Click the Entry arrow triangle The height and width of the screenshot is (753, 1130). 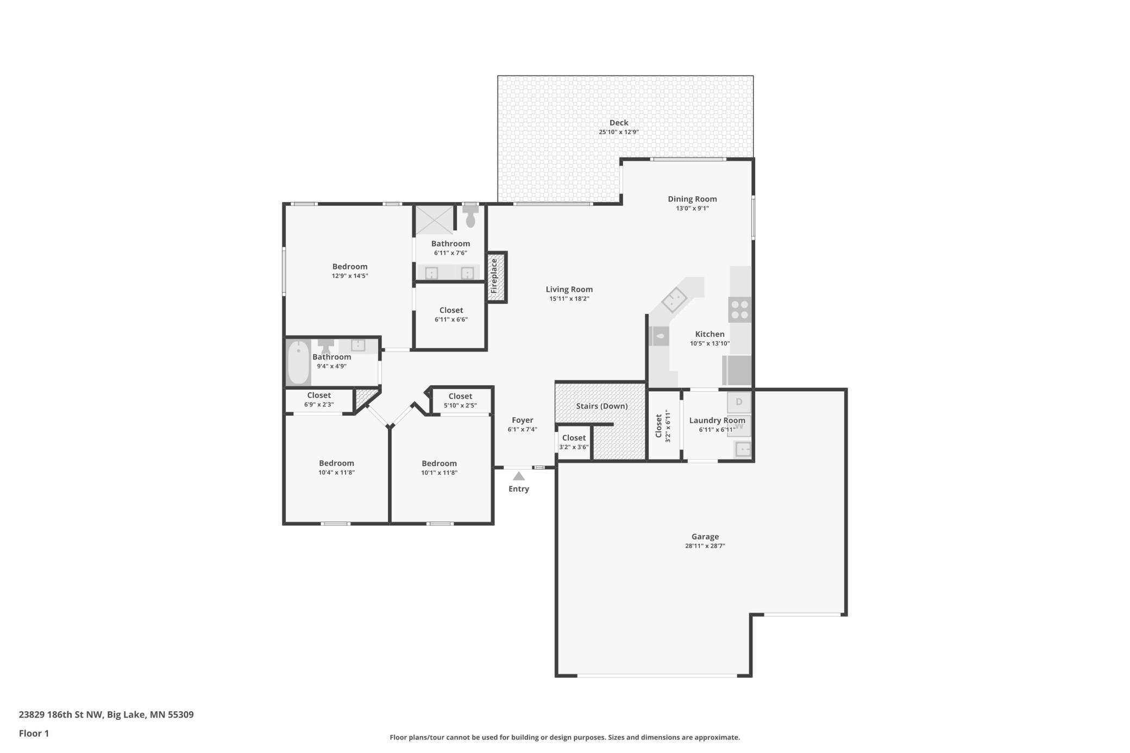point(519,476)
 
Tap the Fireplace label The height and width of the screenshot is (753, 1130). point(494,277)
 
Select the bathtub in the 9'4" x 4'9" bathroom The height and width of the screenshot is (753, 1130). point(298,362)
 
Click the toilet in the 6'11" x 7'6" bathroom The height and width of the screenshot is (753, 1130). point(470,216)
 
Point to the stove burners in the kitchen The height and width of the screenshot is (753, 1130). point(740,310)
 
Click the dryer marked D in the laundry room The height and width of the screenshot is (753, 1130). point(739,402)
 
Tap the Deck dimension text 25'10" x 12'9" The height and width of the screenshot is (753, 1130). point(619,132)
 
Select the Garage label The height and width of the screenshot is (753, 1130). point(705,537)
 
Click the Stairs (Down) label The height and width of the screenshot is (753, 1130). point(602,406)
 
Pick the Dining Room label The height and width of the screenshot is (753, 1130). point(692,199)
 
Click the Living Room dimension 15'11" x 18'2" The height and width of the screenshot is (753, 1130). point(569,299)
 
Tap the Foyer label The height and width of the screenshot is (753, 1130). point(523,420)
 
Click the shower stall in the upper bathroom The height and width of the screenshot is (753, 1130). point(434,220)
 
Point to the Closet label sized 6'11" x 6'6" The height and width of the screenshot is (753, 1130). point(451,310)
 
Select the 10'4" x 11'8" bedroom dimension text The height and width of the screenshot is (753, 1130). point(337,473)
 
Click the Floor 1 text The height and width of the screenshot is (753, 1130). point(34,733)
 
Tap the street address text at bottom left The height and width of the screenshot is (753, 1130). point(106,714)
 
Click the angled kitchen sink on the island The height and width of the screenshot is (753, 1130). point(674,299)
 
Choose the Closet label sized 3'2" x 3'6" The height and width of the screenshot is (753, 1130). point(574,438)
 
